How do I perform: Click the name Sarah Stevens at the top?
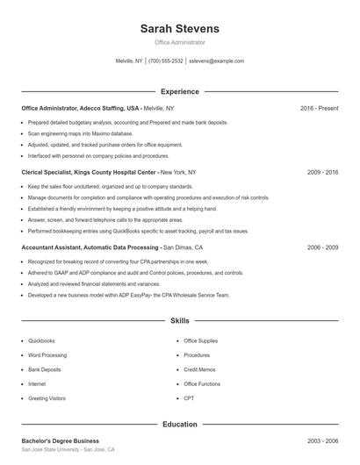point(180,29)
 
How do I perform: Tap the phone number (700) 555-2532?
point(166,61)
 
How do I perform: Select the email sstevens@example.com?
point(217,61)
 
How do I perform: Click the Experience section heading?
point(180,91)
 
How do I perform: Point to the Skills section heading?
point(180,321)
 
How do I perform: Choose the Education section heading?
point(180,425)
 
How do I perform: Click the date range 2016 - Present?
point(319,108)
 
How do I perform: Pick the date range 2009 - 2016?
point(322,173)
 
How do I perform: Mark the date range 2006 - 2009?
point(322,247)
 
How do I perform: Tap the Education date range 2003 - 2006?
point(322,440)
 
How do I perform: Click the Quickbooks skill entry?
point(41,340)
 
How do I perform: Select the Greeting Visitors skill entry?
point(47,398)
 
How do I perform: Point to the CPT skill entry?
point(189,398)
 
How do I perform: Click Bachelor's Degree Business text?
point(61,440)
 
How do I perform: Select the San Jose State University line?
point(68,449)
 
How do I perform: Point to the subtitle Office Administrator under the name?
point(180,42)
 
